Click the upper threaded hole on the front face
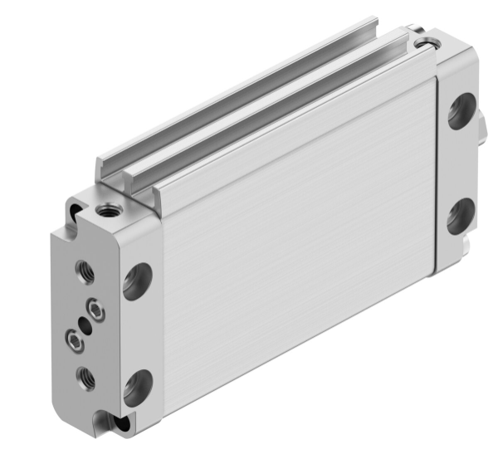[85, 270]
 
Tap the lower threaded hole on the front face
[85, 378]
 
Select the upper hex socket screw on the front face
[99, 310]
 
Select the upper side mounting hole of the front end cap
[136, 280]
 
